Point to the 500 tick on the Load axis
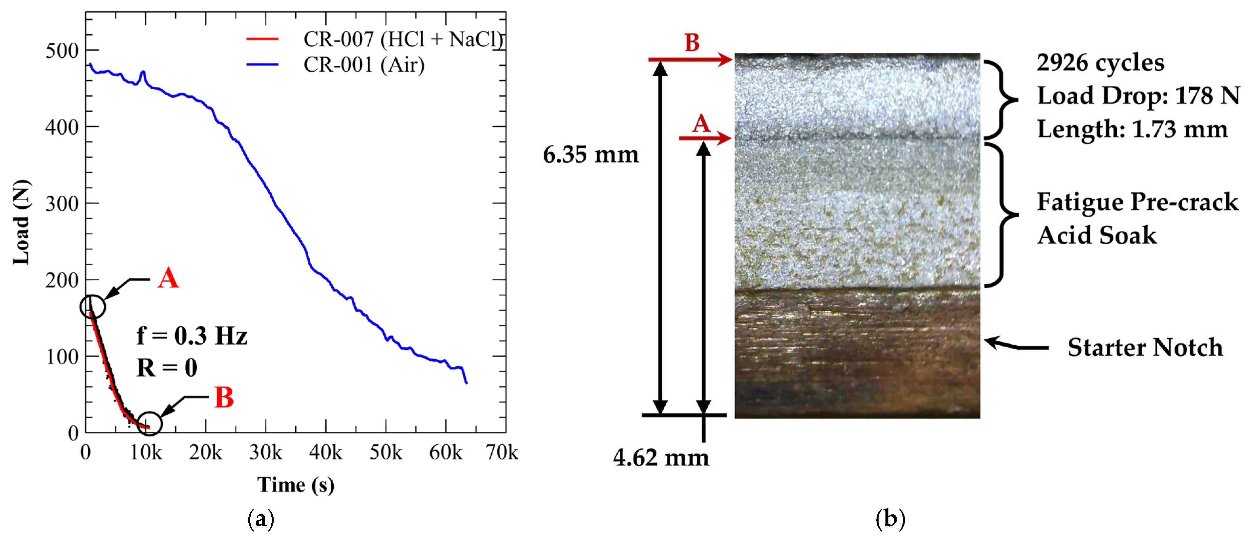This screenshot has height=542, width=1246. point(62,50)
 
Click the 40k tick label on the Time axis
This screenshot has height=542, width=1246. point(325,452)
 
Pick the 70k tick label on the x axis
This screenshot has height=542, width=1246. point(502,452)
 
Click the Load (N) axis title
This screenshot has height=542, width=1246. point(21,223)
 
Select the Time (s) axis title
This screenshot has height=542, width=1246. point(296,485)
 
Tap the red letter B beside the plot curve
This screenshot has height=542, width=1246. point(224,398)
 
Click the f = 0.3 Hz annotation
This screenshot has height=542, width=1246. point(192,336)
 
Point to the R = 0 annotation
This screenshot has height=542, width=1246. point(167,367)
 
